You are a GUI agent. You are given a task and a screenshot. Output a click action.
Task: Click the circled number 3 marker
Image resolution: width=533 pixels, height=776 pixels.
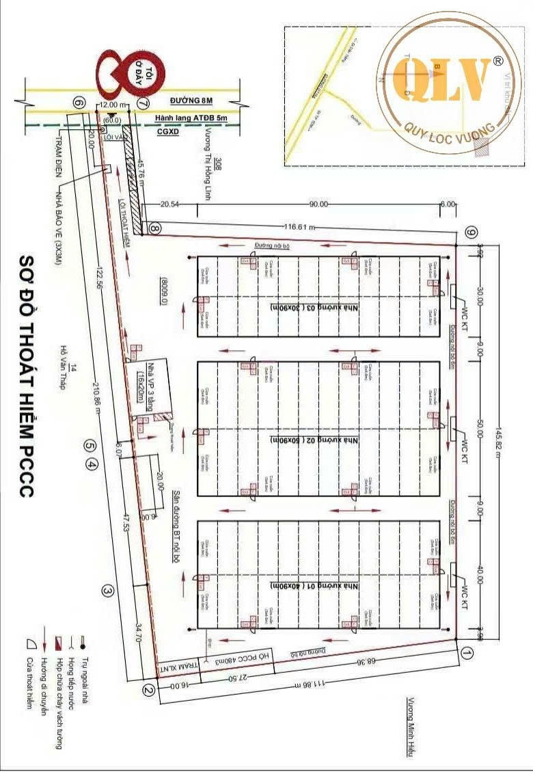click(x=107, y=590)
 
